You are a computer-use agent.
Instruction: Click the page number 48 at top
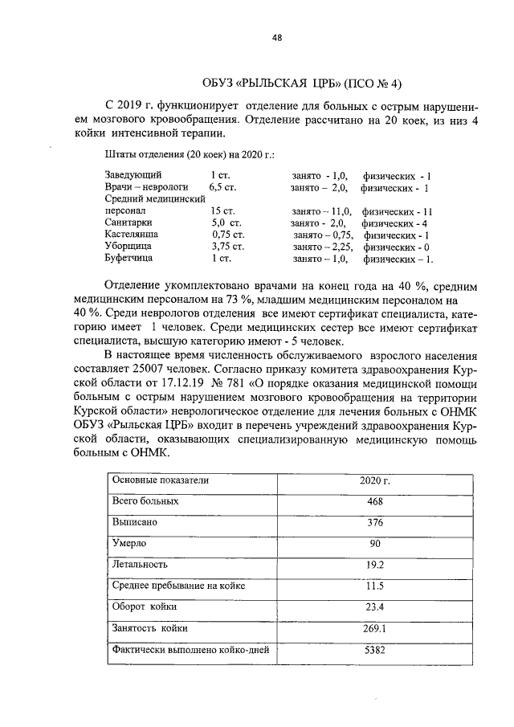tap(276, 39)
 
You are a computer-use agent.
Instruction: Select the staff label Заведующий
tap(133, 174)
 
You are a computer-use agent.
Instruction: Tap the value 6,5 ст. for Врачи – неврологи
tap(222, 188)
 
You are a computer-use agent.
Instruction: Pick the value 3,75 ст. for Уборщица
tap(227, 247)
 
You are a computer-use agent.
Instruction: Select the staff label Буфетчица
tap(130, 259)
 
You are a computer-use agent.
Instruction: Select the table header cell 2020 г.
tap(373, 480)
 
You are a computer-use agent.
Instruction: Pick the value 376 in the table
tap(374, 522)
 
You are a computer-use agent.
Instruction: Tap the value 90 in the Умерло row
tap(374, 544)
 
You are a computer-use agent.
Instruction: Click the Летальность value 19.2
tap(374, 565)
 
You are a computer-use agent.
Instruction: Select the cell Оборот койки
tap(145, 607)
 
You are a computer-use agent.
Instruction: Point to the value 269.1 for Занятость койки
tap(374, 628)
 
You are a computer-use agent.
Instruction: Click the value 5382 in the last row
tap(374, 650)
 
